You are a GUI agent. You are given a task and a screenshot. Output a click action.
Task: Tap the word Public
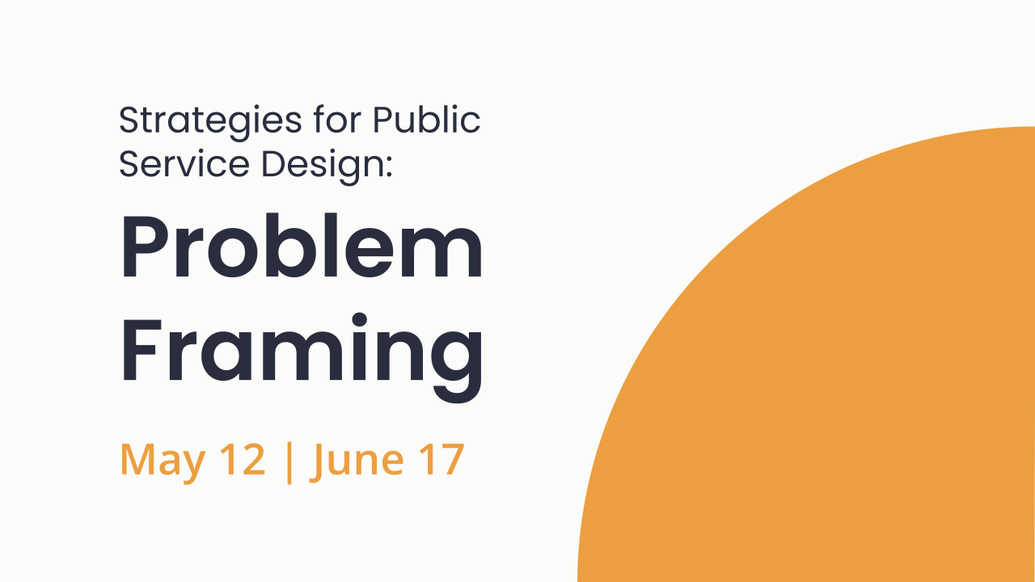[426, 120]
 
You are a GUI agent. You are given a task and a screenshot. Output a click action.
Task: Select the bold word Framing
[301, 348]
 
